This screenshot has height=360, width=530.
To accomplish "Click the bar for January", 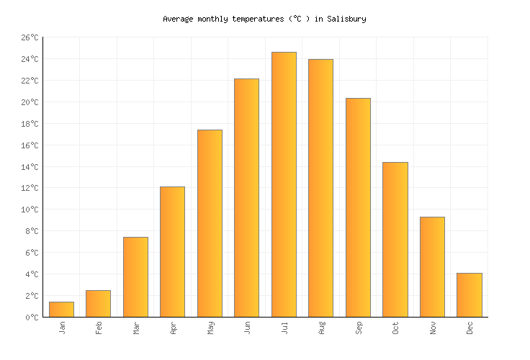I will click(61, 310).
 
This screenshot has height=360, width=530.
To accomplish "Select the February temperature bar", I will click(98, 304).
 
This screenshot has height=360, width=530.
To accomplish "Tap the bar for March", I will click(135, 277).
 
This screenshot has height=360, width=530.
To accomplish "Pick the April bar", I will click(172, 252).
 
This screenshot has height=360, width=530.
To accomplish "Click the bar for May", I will click(210, 223).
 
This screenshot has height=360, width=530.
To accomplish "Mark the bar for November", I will click(432, 267).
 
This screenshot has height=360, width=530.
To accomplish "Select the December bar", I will click(470, 295).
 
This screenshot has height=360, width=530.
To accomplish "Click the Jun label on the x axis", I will click(247, 328).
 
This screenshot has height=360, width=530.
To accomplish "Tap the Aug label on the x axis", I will click(321, 328).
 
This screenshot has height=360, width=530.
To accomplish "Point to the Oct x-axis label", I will click(395, 328).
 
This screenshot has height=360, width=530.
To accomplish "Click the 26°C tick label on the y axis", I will click(30, 37).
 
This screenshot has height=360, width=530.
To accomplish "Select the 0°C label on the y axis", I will click(32, 318).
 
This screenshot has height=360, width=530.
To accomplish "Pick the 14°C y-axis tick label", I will click(30, 167).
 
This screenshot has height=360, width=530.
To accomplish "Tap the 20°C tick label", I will click(30, 102).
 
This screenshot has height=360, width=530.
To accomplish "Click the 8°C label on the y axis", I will click(32, 231).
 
